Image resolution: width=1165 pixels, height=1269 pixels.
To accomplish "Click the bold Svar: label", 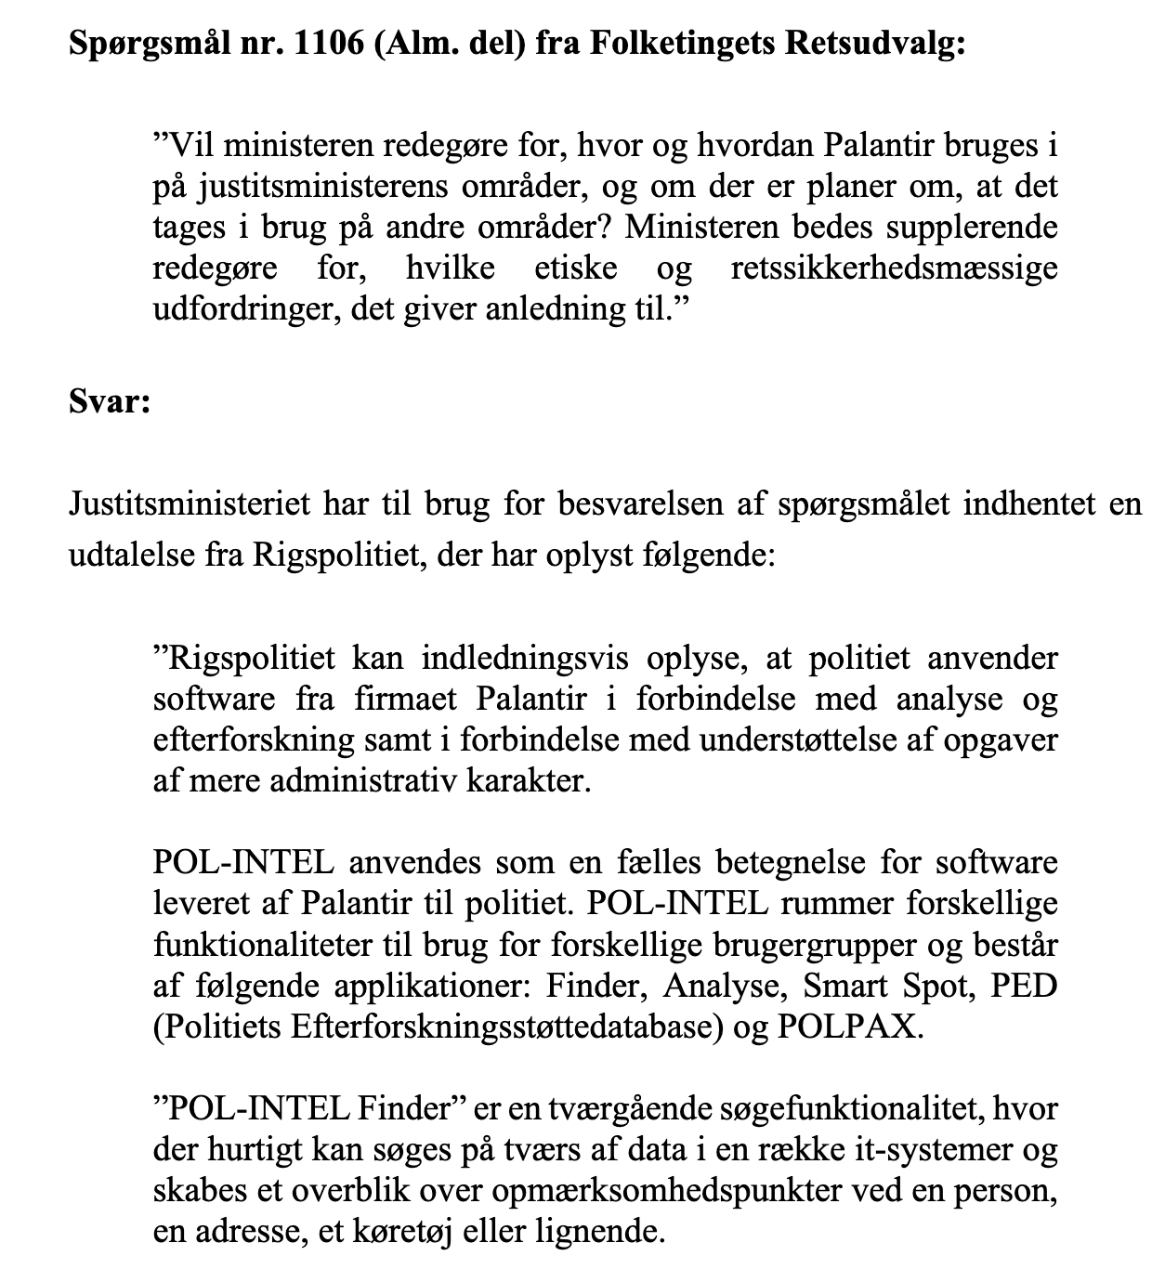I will pyautogui.click(x=110, y=404).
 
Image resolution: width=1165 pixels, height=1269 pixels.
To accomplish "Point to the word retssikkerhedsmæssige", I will pyautogui.click(x=894, y=268).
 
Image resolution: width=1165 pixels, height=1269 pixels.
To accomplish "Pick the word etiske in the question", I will pyautogui.click(x=576, y=268).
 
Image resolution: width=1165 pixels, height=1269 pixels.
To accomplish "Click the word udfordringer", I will pyautogui.click(x=245, y=308).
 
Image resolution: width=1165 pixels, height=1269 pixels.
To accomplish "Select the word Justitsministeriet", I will pyautogui.click(x=190, y=505).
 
